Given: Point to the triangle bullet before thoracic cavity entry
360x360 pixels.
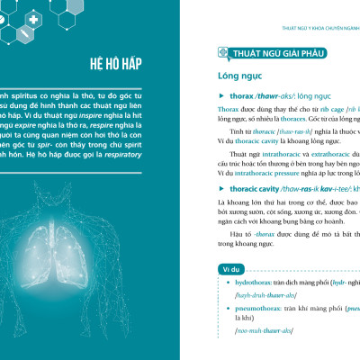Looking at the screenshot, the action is [x=221, y=191].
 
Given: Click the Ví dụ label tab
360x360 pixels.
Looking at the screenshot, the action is [x=229, y=269].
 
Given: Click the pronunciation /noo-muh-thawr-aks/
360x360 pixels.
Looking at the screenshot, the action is [x=263, y=331].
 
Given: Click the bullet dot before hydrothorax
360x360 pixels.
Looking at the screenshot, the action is [x=226, y=282].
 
